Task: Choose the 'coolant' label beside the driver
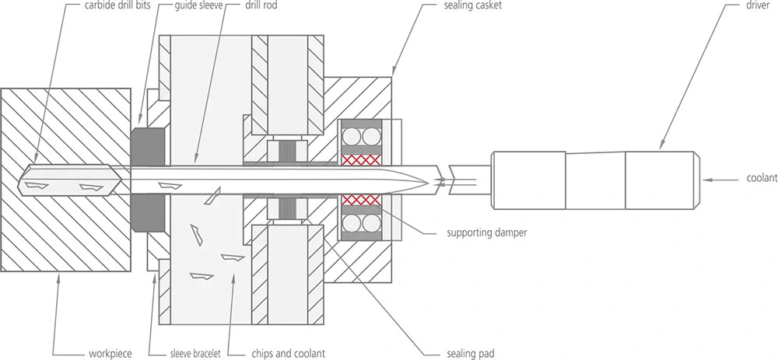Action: [x=762, y=179]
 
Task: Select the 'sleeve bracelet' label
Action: [x=192, y=354]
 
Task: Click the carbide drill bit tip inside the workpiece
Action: [x=19, y=180]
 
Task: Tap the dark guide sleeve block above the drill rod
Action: [x=149, y=146]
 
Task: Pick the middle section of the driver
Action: [x=595, y=180]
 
